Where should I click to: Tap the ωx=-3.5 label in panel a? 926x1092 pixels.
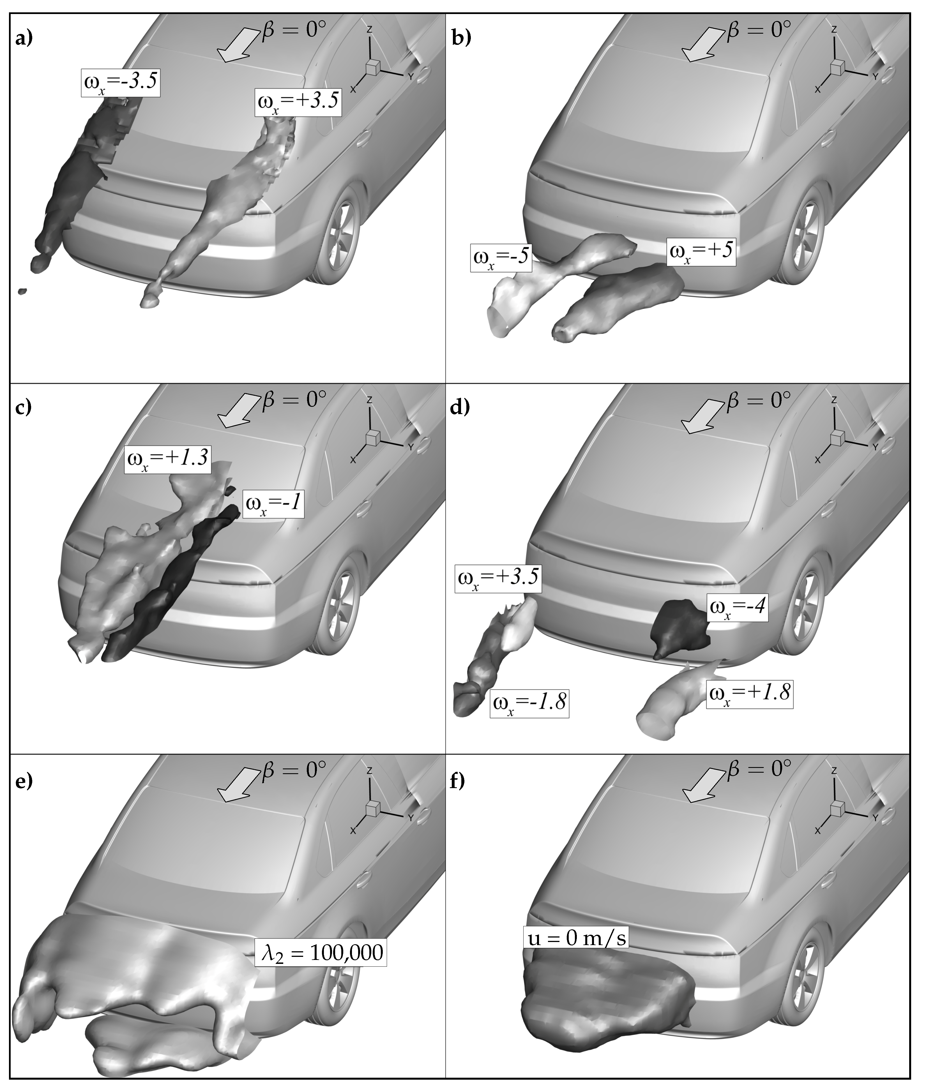tap(120, 82)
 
